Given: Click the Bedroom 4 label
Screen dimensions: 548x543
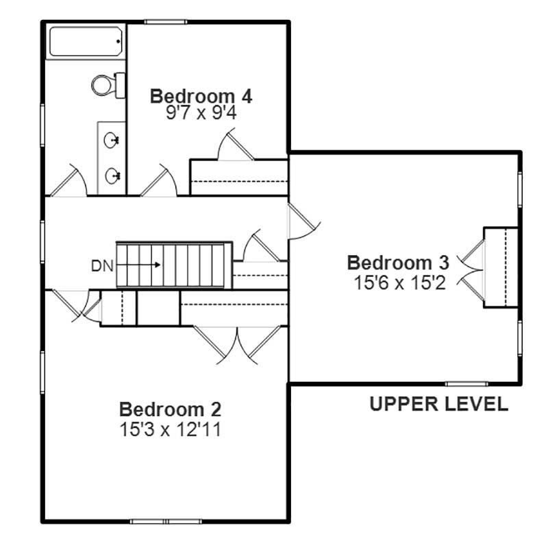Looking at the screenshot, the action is (201, 96).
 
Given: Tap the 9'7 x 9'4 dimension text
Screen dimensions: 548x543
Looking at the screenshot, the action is (201, 113).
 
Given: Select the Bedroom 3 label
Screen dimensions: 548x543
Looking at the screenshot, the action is (398, 263).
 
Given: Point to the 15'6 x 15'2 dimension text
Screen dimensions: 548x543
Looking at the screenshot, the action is (400, 282).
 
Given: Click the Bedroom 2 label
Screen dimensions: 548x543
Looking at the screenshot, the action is (170, 409).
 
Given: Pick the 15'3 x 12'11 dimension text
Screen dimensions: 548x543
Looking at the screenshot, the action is (170, 429).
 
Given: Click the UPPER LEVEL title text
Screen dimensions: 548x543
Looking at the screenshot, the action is (438, 404).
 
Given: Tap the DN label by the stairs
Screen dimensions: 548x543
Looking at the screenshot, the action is (102, 266).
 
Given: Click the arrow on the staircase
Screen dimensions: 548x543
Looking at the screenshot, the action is (138, 265).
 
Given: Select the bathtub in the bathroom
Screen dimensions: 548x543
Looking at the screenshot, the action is (86, 42).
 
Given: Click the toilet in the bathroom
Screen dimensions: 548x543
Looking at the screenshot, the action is (108, 85).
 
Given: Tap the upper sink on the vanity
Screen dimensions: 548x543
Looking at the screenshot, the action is (112, 140).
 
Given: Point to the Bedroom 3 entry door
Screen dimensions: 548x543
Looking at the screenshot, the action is (303, 221).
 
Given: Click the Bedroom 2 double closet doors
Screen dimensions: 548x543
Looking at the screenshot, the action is (237, 345).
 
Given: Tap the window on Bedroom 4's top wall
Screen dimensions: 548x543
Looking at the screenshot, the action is (166, 22).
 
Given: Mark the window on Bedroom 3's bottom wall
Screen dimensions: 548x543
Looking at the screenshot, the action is (467, 384).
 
